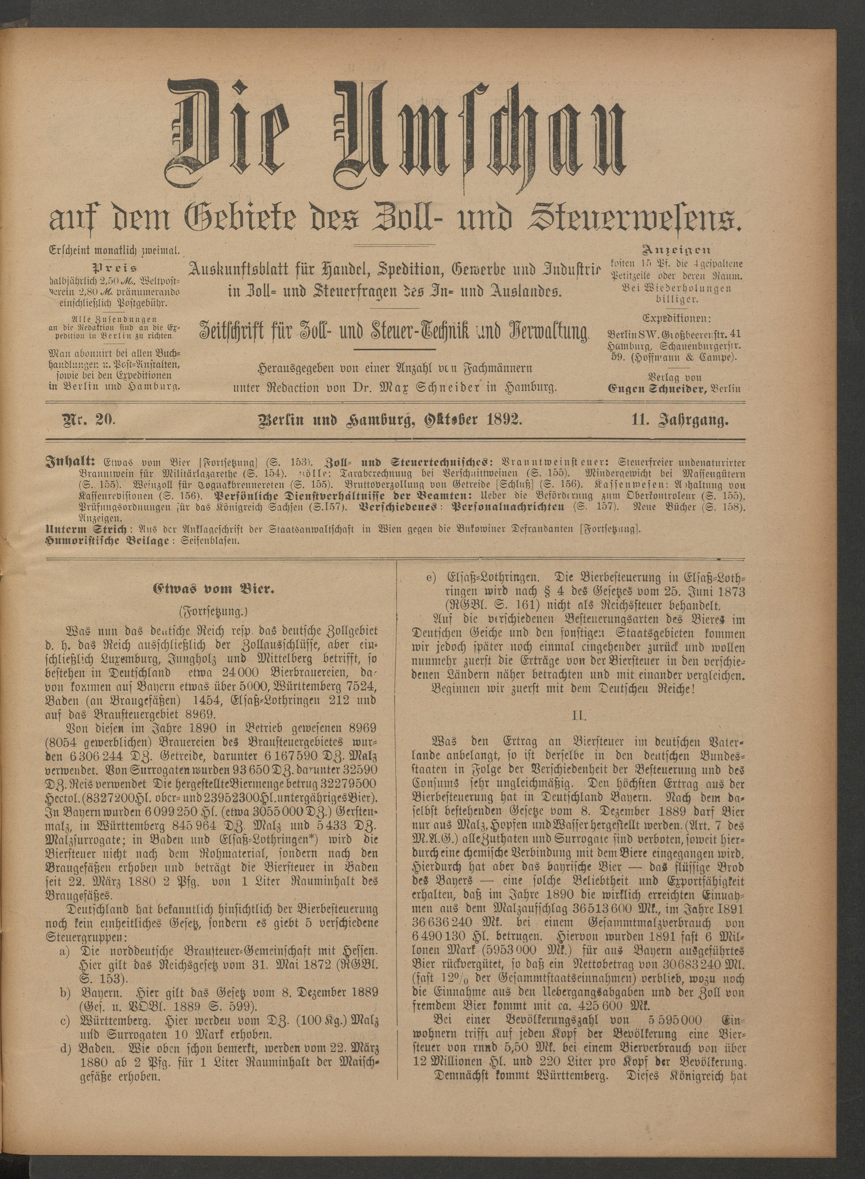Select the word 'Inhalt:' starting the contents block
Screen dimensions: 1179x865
point(70,462)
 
